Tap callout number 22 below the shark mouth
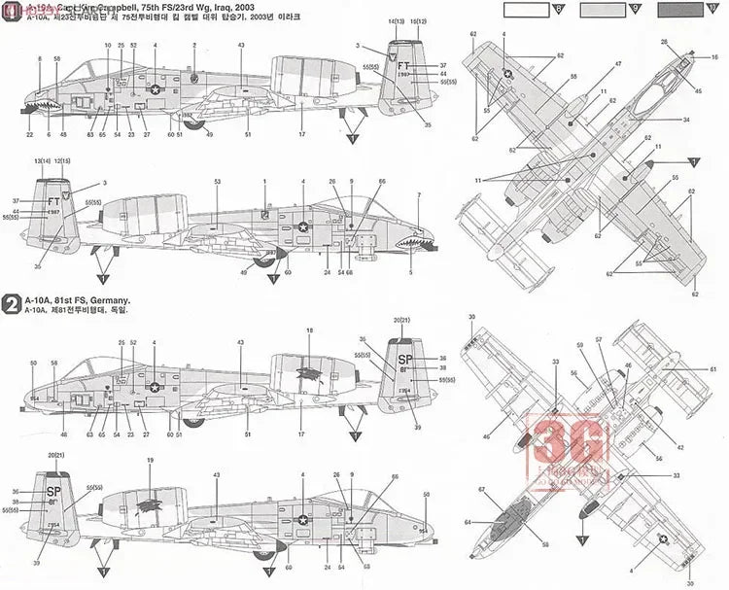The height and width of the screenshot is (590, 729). point(29,135)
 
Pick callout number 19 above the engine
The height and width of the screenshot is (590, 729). point(150,460)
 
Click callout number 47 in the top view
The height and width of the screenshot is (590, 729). point(618,64)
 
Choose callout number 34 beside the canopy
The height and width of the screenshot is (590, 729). point(685,121)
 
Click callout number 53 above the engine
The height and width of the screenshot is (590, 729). point(217,182)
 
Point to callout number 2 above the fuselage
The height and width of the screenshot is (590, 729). point(194,46)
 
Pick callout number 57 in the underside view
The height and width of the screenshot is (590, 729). point(599,340)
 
